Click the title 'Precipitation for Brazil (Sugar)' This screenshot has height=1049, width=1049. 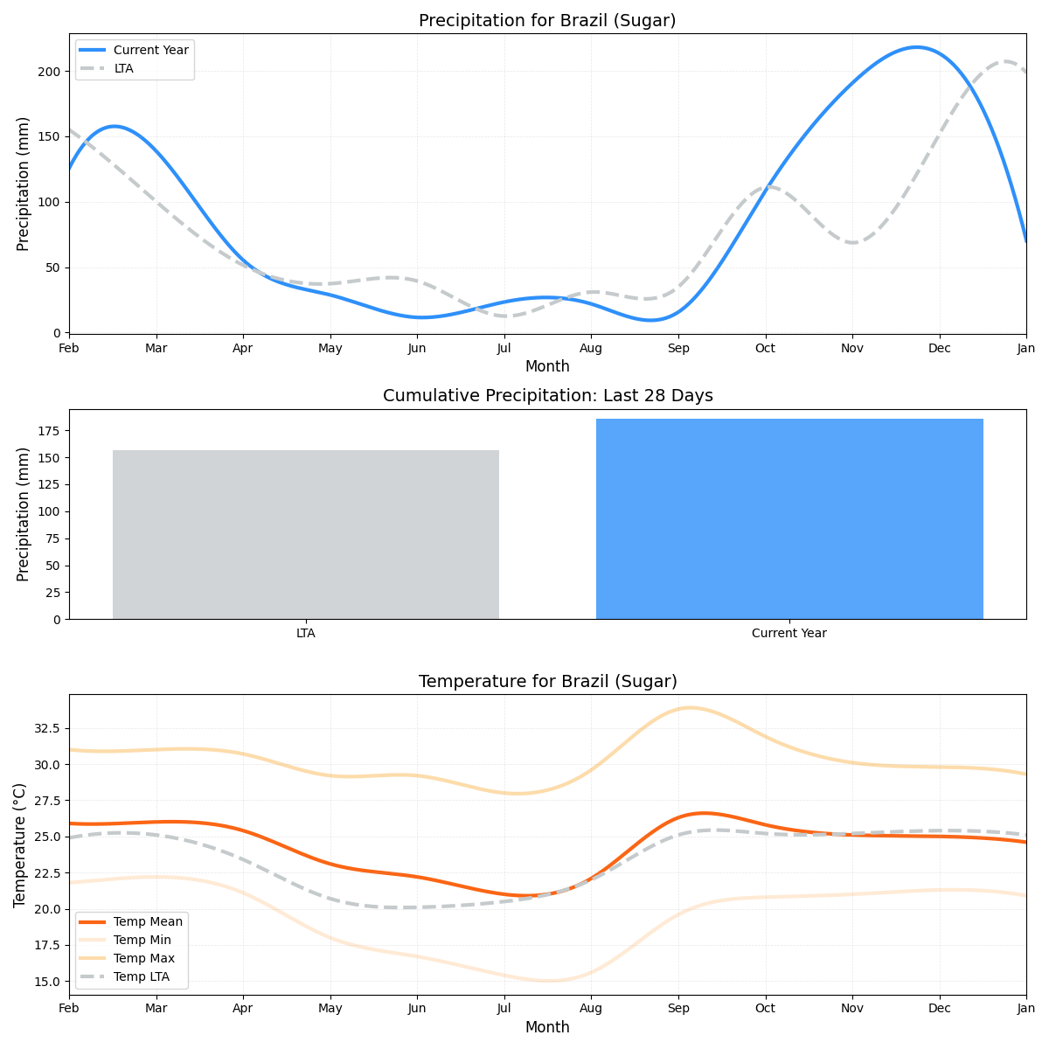pos(547,21)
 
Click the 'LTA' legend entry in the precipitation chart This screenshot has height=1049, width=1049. pos(123,68)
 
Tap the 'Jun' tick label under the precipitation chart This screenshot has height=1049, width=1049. pos(417,348)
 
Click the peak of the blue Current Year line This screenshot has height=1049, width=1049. pos(915,47)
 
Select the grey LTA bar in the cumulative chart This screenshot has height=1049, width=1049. pos(306,534)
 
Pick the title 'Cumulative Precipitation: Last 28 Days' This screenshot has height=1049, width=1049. pos(547,396)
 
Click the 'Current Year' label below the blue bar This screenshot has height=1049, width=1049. pos(789,634)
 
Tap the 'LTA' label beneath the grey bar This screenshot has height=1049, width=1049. pos(306,634)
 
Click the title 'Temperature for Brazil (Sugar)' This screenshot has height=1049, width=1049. pos(547,682)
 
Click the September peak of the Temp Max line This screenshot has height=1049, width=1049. pos(690,708)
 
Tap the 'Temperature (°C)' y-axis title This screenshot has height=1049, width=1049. pos(19,844)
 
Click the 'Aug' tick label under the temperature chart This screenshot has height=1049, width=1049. pos(591,1010)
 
